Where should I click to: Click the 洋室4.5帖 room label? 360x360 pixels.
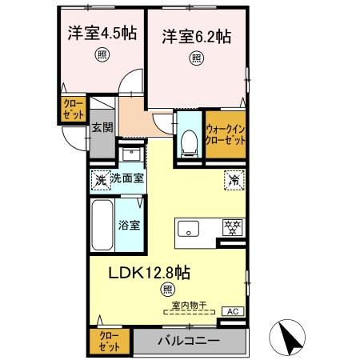click(x=101, y=34)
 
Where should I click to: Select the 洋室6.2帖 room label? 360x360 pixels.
click(x=196, y=36)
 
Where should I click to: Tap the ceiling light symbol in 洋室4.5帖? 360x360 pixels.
click(x=102, y=55)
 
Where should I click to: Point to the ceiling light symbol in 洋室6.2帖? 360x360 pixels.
click(x=196, y=58)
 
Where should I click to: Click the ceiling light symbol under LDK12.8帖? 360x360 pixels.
click(x=167, y=289)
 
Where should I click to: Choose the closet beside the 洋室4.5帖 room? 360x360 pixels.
click(x=72, y=110)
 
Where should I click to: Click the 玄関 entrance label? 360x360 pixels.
click(x=100, y=126)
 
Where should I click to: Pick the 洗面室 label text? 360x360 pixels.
click(x=127, y=178)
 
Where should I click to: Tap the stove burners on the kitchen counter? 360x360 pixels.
click(x=233, y=228)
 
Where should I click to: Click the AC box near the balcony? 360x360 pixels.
click(x=231, y=312)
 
